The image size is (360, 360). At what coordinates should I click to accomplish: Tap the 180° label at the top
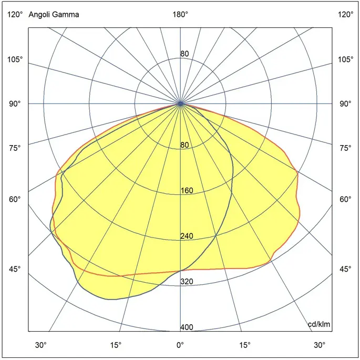click(180, 15)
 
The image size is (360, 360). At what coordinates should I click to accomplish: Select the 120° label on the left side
click(15, 15)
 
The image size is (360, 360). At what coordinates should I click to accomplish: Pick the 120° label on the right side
click(345, 15)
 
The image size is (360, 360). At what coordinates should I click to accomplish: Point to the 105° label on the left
click(15, 59)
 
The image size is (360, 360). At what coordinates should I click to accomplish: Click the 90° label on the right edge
click(345, 104)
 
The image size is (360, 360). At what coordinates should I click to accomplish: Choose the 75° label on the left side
click(15, 148)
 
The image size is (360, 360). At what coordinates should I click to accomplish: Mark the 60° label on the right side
click(345, 199)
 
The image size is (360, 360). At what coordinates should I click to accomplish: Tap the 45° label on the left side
click(15, 270)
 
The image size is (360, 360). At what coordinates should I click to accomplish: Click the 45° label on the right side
click(345, 270)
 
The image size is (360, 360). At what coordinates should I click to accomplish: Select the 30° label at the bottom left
click(41, 345)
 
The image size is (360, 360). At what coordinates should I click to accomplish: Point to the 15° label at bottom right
click(245, 345)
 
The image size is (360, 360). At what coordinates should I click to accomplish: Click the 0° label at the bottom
click(180, 345)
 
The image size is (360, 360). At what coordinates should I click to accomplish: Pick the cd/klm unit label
click(320, 324)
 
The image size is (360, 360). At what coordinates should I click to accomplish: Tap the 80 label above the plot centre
click(184, 54)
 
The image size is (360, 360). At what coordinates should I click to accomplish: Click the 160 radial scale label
click(187, 191)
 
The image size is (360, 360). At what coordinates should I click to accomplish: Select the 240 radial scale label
click(187, 236)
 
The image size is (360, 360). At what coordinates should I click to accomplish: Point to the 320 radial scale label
click(187, 282)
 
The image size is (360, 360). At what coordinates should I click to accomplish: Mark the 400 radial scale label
click(187, 327)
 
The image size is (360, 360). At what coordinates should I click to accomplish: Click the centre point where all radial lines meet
click(180, 104)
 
